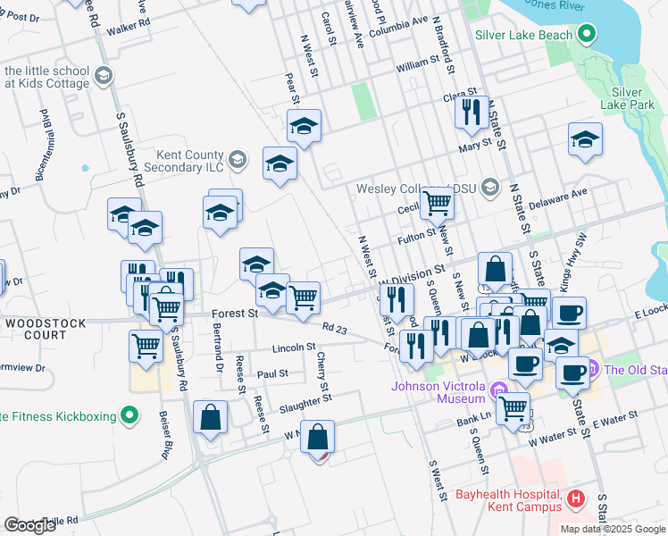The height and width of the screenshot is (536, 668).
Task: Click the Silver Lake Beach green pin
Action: point(586,35)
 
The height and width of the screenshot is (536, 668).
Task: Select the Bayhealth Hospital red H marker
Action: point(576,498)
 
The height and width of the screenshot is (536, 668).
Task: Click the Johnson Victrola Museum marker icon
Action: point(499,389)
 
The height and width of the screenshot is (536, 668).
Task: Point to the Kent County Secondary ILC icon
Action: point(237,160)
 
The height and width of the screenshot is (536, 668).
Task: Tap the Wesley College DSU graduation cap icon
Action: point(489,188)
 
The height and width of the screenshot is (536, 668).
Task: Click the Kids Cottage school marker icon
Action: point(104,76)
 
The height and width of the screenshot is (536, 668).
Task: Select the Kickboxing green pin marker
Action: point(130,415)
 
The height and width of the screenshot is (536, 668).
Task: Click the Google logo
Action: point(30,525)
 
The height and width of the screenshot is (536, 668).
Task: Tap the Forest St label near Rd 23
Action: point(235,314)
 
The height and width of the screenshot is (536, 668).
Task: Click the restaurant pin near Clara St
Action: point(471,113)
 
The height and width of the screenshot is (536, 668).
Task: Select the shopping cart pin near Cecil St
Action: point(437,202)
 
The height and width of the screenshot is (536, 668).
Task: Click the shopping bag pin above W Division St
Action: point(495,268)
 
